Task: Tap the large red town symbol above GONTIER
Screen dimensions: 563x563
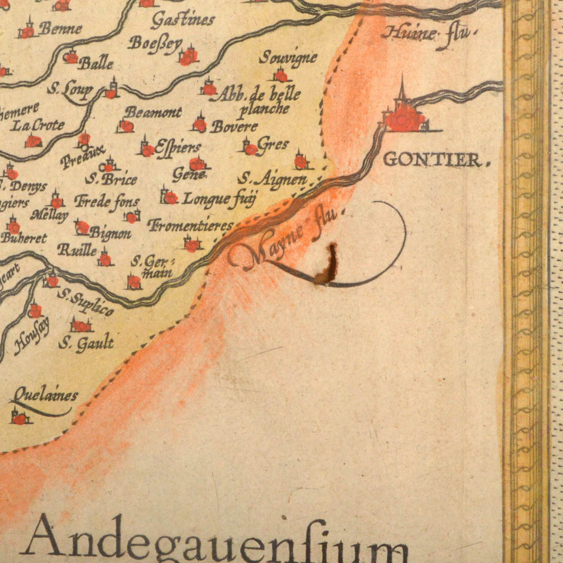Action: click(405, 119)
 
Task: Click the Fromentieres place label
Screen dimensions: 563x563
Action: click(190, 226)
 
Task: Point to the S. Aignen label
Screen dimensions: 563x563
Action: click(272, 180)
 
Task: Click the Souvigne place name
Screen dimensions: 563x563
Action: click(288, 57)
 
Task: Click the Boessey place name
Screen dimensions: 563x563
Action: click(155, 43)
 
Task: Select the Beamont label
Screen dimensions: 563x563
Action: click(153, 112)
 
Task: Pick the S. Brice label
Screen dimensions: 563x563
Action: click(111, 180)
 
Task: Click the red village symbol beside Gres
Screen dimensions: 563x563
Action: click(250, 149)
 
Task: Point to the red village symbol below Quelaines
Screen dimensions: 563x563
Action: click(20, 418)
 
